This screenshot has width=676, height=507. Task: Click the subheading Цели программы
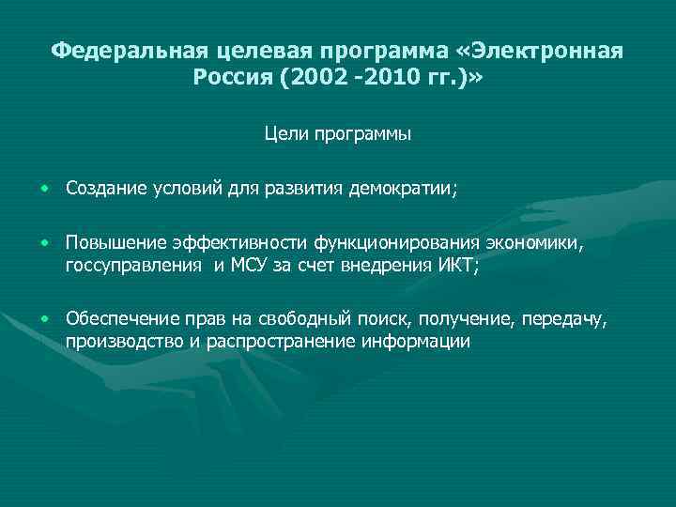tap(338, 134)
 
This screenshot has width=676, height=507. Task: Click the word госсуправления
tap(132, 266)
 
